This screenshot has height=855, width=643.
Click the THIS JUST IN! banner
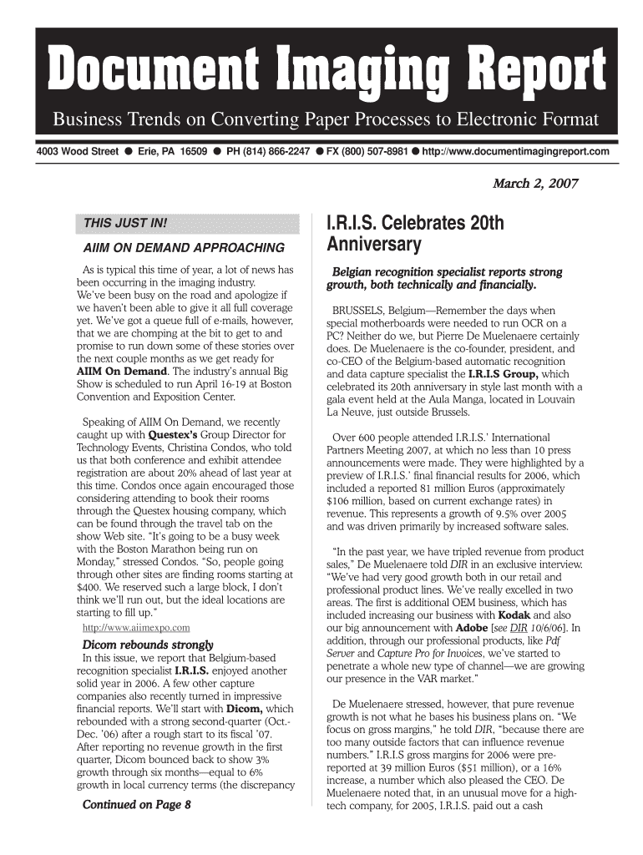(x=126, y=225)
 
